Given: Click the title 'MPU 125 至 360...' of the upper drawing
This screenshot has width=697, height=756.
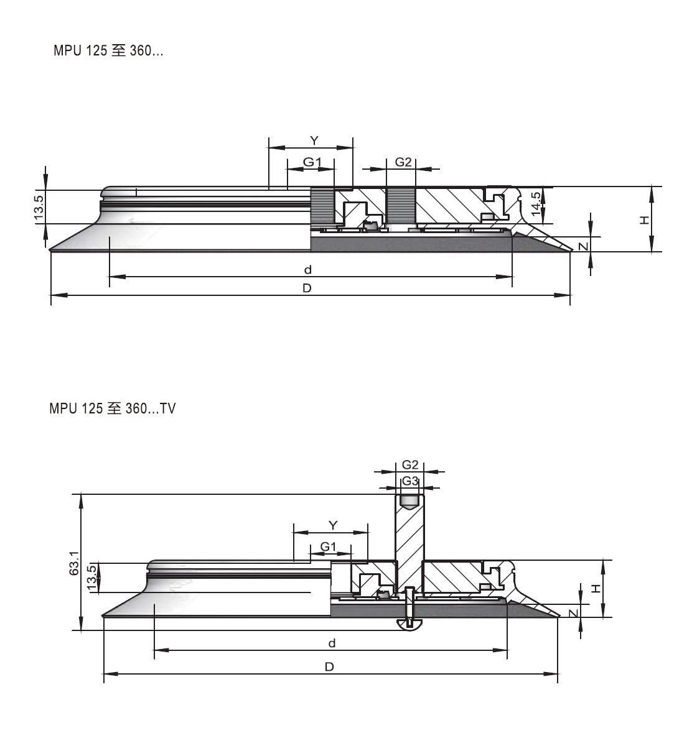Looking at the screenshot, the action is coord(108,50).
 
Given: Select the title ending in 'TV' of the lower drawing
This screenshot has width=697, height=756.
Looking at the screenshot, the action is coord(113,408).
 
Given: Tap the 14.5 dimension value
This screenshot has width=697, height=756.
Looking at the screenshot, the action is coord(536,204).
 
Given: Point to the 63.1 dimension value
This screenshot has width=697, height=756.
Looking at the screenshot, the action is coord(74,563).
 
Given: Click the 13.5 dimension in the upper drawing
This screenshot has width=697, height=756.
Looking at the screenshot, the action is coord(39,207).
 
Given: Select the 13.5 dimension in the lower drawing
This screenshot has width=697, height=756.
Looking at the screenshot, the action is coord(91,578).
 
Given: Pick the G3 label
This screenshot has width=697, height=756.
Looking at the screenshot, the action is coord(410,481).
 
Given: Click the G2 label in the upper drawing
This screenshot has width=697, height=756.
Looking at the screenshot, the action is coord(403,162).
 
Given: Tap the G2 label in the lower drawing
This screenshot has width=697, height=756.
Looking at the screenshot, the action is coord(410,465).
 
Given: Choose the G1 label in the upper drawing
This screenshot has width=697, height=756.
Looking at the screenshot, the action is coord(312,162).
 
